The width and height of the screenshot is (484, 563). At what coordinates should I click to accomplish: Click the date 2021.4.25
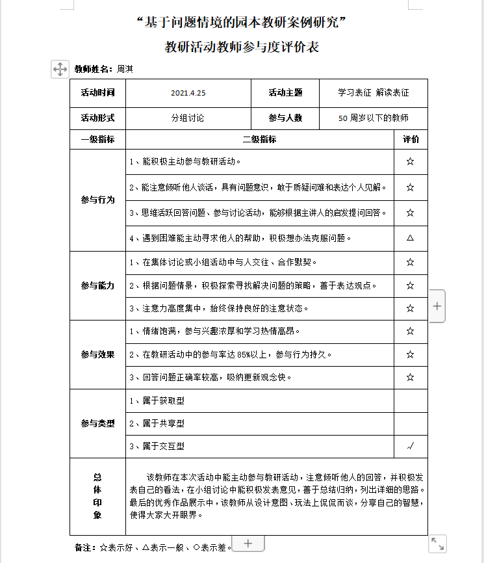click(188, 93)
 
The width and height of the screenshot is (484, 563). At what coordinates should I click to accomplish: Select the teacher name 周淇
click(125, 69)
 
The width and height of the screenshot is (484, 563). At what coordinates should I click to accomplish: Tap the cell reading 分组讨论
click(188, 118)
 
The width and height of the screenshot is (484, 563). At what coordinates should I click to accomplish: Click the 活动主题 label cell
click(285, 93)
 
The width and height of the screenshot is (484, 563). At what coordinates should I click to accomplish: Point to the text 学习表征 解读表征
click(373, 93)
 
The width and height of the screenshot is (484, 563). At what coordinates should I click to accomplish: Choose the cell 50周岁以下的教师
click(374, 118)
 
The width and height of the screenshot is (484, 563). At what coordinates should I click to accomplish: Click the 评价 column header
click(411, 139)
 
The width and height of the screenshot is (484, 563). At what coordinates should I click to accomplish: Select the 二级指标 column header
click(259, 139)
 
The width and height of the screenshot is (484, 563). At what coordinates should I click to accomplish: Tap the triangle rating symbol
click(410, 238)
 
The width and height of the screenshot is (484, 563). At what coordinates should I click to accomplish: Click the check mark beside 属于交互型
click(410, 446)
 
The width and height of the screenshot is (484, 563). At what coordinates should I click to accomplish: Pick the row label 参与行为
click(97, 200)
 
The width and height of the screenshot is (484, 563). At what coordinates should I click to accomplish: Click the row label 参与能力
click(97, 285)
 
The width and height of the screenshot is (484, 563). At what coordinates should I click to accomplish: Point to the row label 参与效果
click(97, 354)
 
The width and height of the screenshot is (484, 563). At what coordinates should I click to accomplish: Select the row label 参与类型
click(97, 423)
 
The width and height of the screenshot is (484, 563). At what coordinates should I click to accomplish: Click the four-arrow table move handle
click(60, 69)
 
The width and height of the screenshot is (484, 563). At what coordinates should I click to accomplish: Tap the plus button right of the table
click(437, 306)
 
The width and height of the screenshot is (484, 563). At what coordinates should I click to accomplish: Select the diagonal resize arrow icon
click(438, 543)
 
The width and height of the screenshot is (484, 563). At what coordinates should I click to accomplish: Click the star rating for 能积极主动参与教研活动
click(410, 161)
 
